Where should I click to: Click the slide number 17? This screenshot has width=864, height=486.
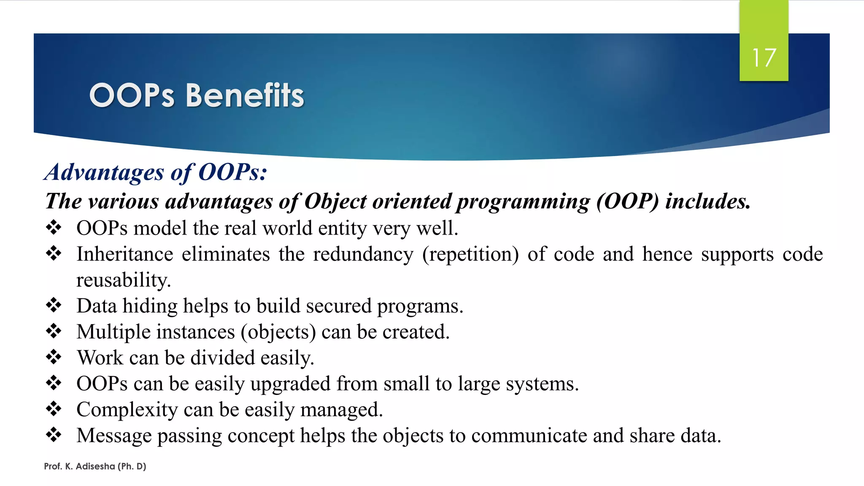coord(764,58)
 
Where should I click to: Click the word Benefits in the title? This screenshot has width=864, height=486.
coord(245,95)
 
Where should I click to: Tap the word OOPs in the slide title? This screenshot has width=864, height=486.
coord(132,95)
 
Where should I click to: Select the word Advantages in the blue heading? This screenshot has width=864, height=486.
coord(104,173)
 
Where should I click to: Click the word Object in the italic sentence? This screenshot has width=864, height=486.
coord(335,201)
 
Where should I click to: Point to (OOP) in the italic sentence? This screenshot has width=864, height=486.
coord(627,201)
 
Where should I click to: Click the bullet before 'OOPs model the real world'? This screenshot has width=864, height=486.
coord(54,228)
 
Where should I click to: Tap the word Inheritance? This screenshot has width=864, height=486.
coord(125,254)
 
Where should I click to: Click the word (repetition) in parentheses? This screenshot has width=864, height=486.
coord(470,254)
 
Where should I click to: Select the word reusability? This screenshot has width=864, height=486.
coord(123,280)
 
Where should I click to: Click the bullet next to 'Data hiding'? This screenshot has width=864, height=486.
coord(54,305)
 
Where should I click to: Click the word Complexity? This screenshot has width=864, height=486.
coord(127,410)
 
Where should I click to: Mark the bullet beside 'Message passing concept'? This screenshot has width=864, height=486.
coord(54,435)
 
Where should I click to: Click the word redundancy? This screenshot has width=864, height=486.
coord(363,254)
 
